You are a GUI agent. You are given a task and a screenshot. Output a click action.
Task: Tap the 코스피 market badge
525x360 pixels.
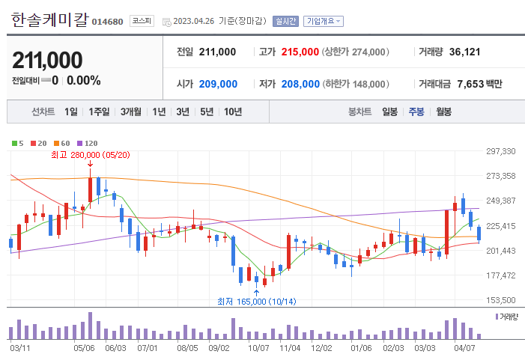[x=142, y=21]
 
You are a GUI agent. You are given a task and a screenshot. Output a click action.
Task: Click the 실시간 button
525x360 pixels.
[x=285, y=21]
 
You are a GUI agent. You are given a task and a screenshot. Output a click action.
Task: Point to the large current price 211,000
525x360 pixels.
[x=47, y=60]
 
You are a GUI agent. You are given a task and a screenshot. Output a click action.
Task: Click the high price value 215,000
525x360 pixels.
[x=300, y=52]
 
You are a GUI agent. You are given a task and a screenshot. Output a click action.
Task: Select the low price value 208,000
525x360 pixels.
[x=300, y=84]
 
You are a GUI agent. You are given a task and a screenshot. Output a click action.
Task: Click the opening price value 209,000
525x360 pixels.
[x=218, y=84]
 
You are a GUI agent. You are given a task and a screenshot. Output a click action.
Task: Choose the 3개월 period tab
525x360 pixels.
[x=131, y=112]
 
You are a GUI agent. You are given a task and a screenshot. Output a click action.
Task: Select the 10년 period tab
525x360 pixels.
[x=233, y=112]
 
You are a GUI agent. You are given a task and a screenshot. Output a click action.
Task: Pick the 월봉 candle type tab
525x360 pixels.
[x=443, y=112]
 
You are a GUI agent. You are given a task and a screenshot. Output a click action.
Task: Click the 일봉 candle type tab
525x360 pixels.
[x=389, y=112]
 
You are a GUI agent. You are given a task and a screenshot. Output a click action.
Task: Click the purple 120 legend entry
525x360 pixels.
[x=88, y=142]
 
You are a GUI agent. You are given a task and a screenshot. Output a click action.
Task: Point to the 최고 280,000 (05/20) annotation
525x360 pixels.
[x=90, y=154]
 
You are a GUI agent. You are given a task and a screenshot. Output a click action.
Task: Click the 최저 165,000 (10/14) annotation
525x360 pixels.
[x=256, y=301]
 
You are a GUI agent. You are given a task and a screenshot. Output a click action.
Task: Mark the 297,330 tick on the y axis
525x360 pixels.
[x=501, y=151]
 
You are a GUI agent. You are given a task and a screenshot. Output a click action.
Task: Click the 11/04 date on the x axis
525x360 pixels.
[x=289, y=347]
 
